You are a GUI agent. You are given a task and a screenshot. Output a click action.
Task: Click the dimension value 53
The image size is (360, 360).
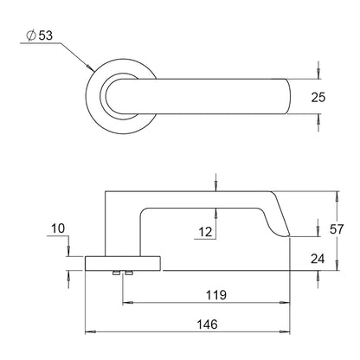(47, 35)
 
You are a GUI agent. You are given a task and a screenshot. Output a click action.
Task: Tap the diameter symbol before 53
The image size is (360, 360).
(31, 35)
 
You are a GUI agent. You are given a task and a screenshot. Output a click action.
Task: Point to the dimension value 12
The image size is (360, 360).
(204, 231)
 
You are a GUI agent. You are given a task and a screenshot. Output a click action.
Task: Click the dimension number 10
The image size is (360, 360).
(58, 229)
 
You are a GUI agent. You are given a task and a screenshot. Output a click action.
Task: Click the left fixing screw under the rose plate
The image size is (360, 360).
(115, 274)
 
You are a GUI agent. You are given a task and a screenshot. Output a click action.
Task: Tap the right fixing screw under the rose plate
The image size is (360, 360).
(128, 274)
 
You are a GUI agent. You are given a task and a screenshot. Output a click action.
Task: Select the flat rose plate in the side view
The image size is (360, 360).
(123, 263)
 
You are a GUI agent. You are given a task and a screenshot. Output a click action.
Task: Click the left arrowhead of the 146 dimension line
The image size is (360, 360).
(87, 331)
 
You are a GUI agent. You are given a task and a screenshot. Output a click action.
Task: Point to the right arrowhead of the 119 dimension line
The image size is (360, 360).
(289, 304)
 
